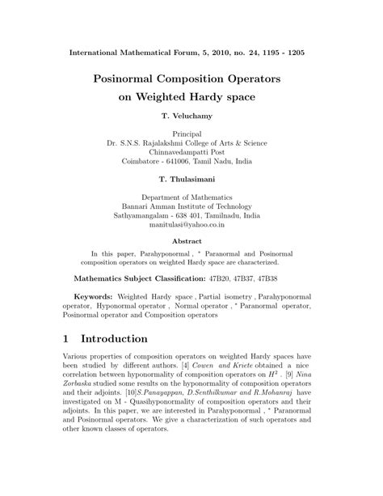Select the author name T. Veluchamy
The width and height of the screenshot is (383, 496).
[191, 117]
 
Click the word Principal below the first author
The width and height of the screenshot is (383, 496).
[191, 132]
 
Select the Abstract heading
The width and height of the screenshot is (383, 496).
[191, 240]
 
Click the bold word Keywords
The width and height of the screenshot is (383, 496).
[92, 297]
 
